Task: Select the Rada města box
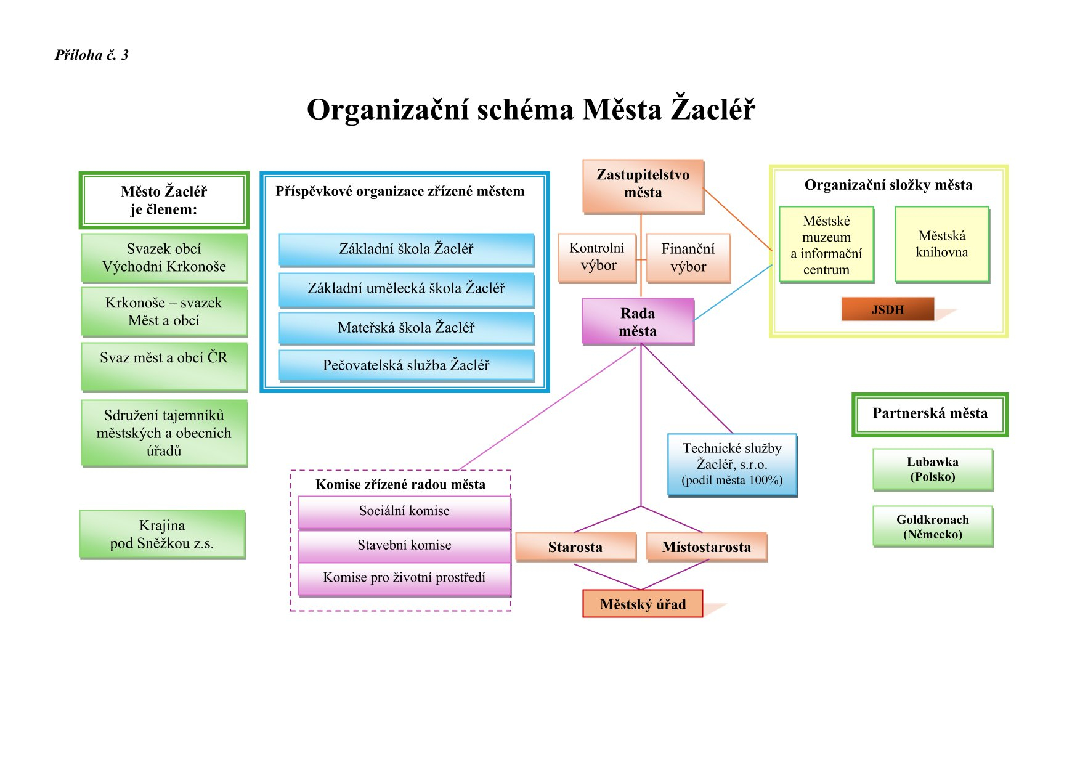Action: [x=638, y=321]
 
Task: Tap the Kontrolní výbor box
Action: [x=596, y=258]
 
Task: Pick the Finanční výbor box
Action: [x=688, y=258]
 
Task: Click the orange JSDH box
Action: [x=887, y=309]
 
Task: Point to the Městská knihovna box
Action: [x=941, y=245]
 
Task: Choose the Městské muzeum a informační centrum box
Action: [x=826, y=245]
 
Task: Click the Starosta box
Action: [x=575, y=547]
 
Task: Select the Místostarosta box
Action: [x=706, y=547]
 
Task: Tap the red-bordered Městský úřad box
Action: [x=643, y=604]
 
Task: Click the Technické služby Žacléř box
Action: [x=732, y=465]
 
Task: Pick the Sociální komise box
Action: [x=404, y=511]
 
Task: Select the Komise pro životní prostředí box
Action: [x=404, y=578]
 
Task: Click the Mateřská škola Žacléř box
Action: [x=406, y=328]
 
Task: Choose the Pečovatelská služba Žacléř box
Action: [x=406, y=365]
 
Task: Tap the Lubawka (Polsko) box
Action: [x=932, y=469]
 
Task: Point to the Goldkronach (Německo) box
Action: [x=932, y=527]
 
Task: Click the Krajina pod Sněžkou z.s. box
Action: [x=162, y=534]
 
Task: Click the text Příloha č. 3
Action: [x=92, y=55]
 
